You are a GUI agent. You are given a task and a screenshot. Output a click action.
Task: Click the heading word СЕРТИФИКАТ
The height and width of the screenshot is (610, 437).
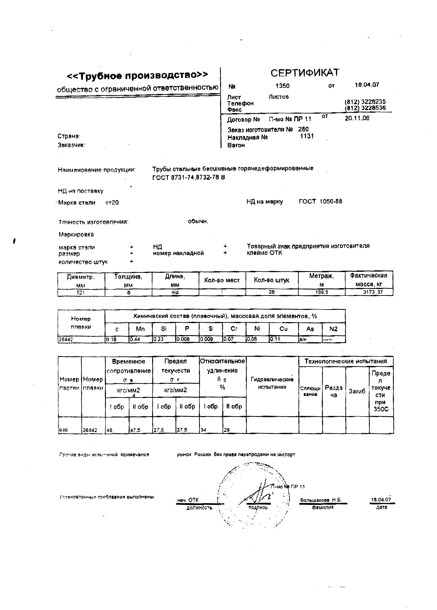coord(305,73)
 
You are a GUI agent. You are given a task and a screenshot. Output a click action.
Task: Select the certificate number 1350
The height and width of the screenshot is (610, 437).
coord(282,86)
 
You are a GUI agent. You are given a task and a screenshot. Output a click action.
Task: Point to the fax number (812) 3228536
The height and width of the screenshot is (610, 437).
coord(365,108)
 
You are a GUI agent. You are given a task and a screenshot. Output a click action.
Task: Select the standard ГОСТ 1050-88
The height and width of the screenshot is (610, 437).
coord(320,201)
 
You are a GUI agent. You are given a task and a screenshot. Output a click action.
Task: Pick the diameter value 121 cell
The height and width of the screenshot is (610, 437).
coord(81,292)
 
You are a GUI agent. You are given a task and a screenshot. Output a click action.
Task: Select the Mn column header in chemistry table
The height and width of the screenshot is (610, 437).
coord(140,329)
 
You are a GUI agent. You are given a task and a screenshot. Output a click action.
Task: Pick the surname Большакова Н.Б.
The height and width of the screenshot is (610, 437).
coord(321,500)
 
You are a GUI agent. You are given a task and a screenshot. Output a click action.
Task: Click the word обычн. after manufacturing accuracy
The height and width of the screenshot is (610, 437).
coord(198,222)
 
